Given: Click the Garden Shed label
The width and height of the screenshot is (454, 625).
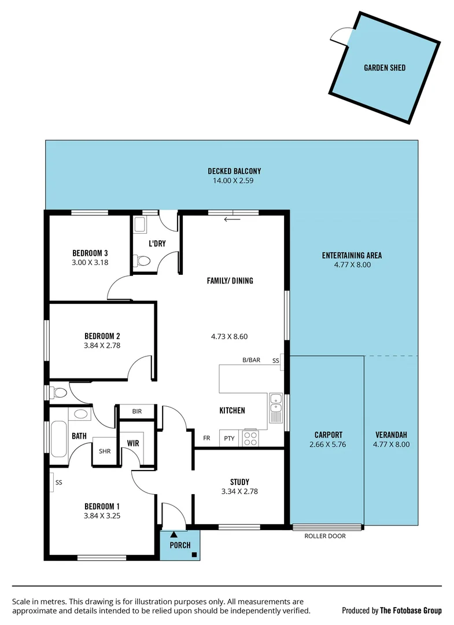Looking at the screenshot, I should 384,68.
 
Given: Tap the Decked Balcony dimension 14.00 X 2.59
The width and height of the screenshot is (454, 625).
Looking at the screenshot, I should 234,181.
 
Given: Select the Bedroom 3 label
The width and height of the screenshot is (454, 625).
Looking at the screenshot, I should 90,253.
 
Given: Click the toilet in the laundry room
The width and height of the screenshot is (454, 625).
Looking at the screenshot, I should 142,262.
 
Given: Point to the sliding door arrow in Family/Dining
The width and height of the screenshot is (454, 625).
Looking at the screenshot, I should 232,219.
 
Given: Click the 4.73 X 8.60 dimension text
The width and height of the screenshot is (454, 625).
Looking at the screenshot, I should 229,336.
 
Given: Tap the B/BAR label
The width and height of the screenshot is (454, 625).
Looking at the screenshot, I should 251,360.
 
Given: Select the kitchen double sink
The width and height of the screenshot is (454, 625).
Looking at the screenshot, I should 276,407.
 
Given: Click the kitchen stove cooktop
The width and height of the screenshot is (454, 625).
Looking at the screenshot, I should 250,438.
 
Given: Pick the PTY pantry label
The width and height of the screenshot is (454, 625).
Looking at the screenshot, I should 229,439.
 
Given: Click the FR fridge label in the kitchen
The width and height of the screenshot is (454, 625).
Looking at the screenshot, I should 206,438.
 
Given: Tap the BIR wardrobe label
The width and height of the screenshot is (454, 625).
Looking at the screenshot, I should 136,411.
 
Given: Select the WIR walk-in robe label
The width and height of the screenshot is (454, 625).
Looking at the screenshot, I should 134,443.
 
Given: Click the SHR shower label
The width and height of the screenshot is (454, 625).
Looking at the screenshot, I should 105,451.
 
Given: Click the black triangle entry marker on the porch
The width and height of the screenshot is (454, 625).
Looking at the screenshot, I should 174,534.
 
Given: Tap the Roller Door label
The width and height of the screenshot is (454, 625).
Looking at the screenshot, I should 325,536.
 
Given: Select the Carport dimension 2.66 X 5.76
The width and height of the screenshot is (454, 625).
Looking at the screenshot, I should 328,444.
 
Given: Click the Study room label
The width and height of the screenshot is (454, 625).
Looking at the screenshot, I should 239,482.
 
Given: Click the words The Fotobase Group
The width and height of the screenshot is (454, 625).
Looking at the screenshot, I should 411,611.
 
